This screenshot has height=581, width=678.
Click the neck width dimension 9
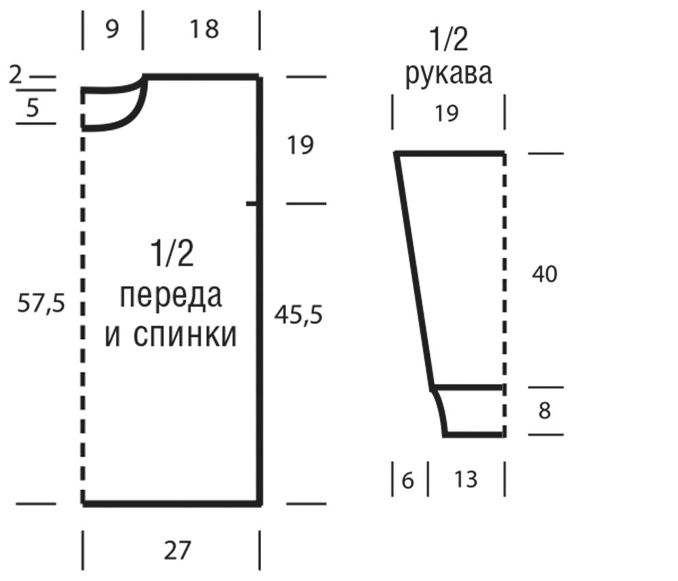[112, 29]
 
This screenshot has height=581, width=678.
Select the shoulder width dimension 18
[204, 29]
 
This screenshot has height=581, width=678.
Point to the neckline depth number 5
[33, 108]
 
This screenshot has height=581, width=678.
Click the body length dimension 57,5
[41, 303]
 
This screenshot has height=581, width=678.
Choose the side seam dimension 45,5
[299, 315]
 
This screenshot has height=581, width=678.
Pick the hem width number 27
[177, 550]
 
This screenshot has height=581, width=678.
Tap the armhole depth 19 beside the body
[300, 145]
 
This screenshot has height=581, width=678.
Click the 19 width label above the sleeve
[446, 113]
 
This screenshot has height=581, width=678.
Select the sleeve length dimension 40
[545, 274]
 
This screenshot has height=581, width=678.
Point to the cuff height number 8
[544, 410]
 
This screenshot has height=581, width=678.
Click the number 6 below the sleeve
[407, 480]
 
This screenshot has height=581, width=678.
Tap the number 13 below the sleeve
[466, 479]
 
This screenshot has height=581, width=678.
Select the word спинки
[185, 336]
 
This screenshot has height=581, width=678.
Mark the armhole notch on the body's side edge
[254, 203]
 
